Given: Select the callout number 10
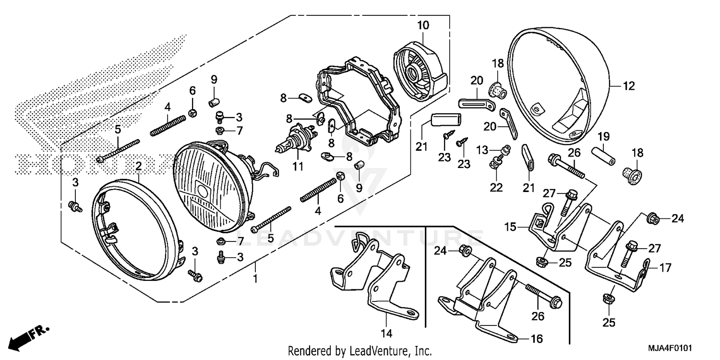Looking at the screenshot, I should point(423,25).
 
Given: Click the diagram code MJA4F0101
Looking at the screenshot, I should point(673,348).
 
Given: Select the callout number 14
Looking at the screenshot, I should point(387,333).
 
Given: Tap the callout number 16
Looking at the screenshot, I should point(536,339).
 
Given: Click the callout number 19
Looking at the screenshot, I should point(603,136).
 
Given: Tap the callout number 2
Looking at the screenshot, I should point(138,167).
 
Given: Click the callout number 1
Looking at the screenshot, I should point(255,278).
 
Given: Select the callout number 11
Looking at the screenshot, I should point(298,167).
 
